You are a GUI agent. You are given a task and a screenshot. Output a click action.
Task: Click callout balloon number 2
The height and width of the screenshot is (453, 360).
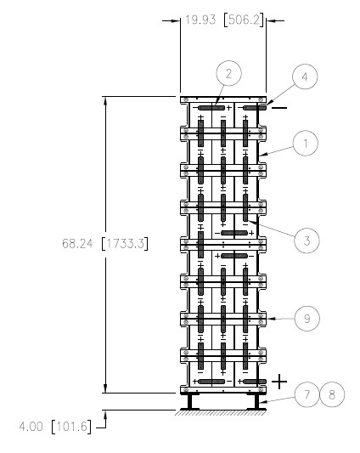228,73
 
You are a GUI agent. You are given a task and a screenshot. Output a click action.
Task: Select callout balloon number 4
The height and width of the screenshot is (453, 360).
305,76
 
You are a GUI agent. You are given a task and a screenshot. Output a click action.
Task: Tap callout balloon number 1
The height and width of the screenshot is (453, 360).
306,144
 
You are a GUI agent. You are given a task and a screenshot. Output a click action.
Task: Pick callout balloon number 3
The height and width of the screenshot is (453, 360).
307,241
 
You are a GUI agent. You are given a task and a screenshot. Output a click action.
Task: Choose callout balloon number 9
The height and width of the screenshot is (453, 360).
307,319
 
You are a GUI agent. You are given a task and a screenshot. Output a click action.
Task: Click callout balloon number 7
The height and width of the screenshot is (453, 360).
307,394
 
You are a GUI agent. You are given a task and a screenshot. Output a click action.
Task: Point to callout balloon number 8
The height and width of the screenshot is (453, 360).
332,394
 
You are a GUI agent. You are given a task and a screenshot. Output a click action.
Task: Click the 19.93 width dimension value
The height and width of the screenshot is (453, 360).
200,20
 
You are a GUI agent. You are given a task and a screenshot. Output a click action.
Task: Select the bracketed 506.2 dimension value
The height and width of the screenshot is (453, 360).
244,20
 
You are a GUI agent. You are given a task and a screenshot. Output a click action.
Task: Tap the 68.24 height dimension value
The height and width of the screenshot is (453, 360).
77,244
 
